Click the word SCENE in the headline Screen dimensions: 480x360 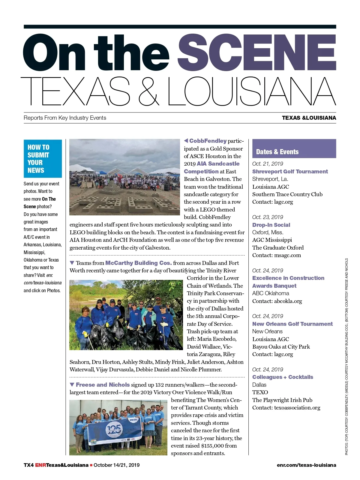click(x=257, y=52)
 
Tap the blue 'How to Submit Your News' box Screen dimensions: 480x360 click(x=43, y=159)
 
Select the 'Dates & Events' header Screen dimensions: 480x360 click(x=277, y=152)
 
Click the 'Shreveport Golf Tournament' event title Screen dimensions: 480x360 click(x=290, y=172)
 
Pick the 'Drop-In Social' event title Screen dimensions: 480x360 click(x=271, y=225)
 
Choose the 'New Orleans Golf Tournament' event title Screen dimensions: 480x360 click(x=292, y=324)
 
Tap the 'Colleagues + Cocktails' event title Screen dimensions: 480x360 click(x=283, y=377)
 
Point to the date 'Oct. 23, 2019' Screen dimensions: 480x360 click(x=268, y=217)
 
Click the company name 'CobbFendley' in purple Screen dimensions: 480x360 click(x=208, y=141)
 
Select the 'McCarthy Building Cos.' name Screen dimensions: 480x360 click(x=138, y=263)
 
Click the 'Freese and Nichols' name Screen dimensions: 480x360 click(x=103, y=385)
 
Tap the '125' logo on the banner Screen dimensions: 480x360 click(x=114, y=430)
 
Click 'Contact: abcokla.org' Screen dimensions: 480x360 click(x=277, y=301)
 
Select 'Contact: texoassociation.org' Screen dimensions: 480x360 click(x=286, y=408)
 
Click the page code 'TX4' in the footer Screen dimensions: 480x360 click(x=28, y=465)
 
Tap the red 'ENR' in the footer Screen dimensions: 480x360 click(x=40, y=465)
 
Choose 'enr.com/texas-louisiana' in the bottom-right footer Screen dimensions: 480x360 click(x=306, y=465)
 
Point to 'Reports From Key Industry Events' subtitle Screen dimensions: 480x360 click(x=65, y=118)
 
